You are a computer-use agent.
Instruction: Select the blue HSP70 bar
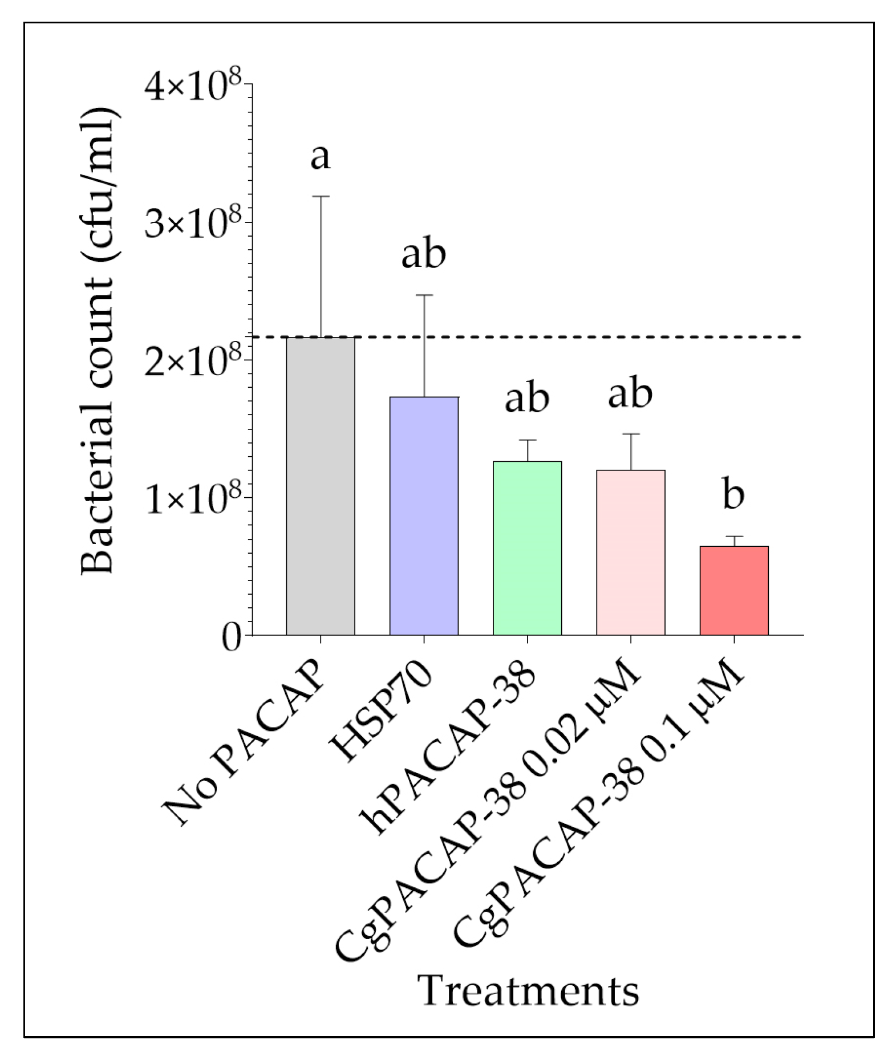[x=424, y=515]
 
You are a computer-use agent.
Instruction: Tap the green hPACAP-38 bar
[x=527, y=548]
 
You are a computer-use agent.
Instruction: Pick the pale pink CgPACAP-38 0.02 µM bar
[x=630, y=552]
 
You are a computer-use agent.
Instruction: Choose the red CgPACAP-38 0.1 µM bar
[x=733, y=590]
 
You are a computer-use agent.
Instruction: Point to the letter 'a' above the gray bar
[x=320, y=156]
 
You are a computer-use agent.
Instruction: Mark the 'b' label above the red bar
[x=733, y=494]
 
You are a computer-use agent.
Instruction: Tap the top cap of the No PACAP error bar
[x=320, y=196]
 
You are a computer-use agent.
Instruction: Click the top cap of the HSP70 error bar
[x=424, y=295]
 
